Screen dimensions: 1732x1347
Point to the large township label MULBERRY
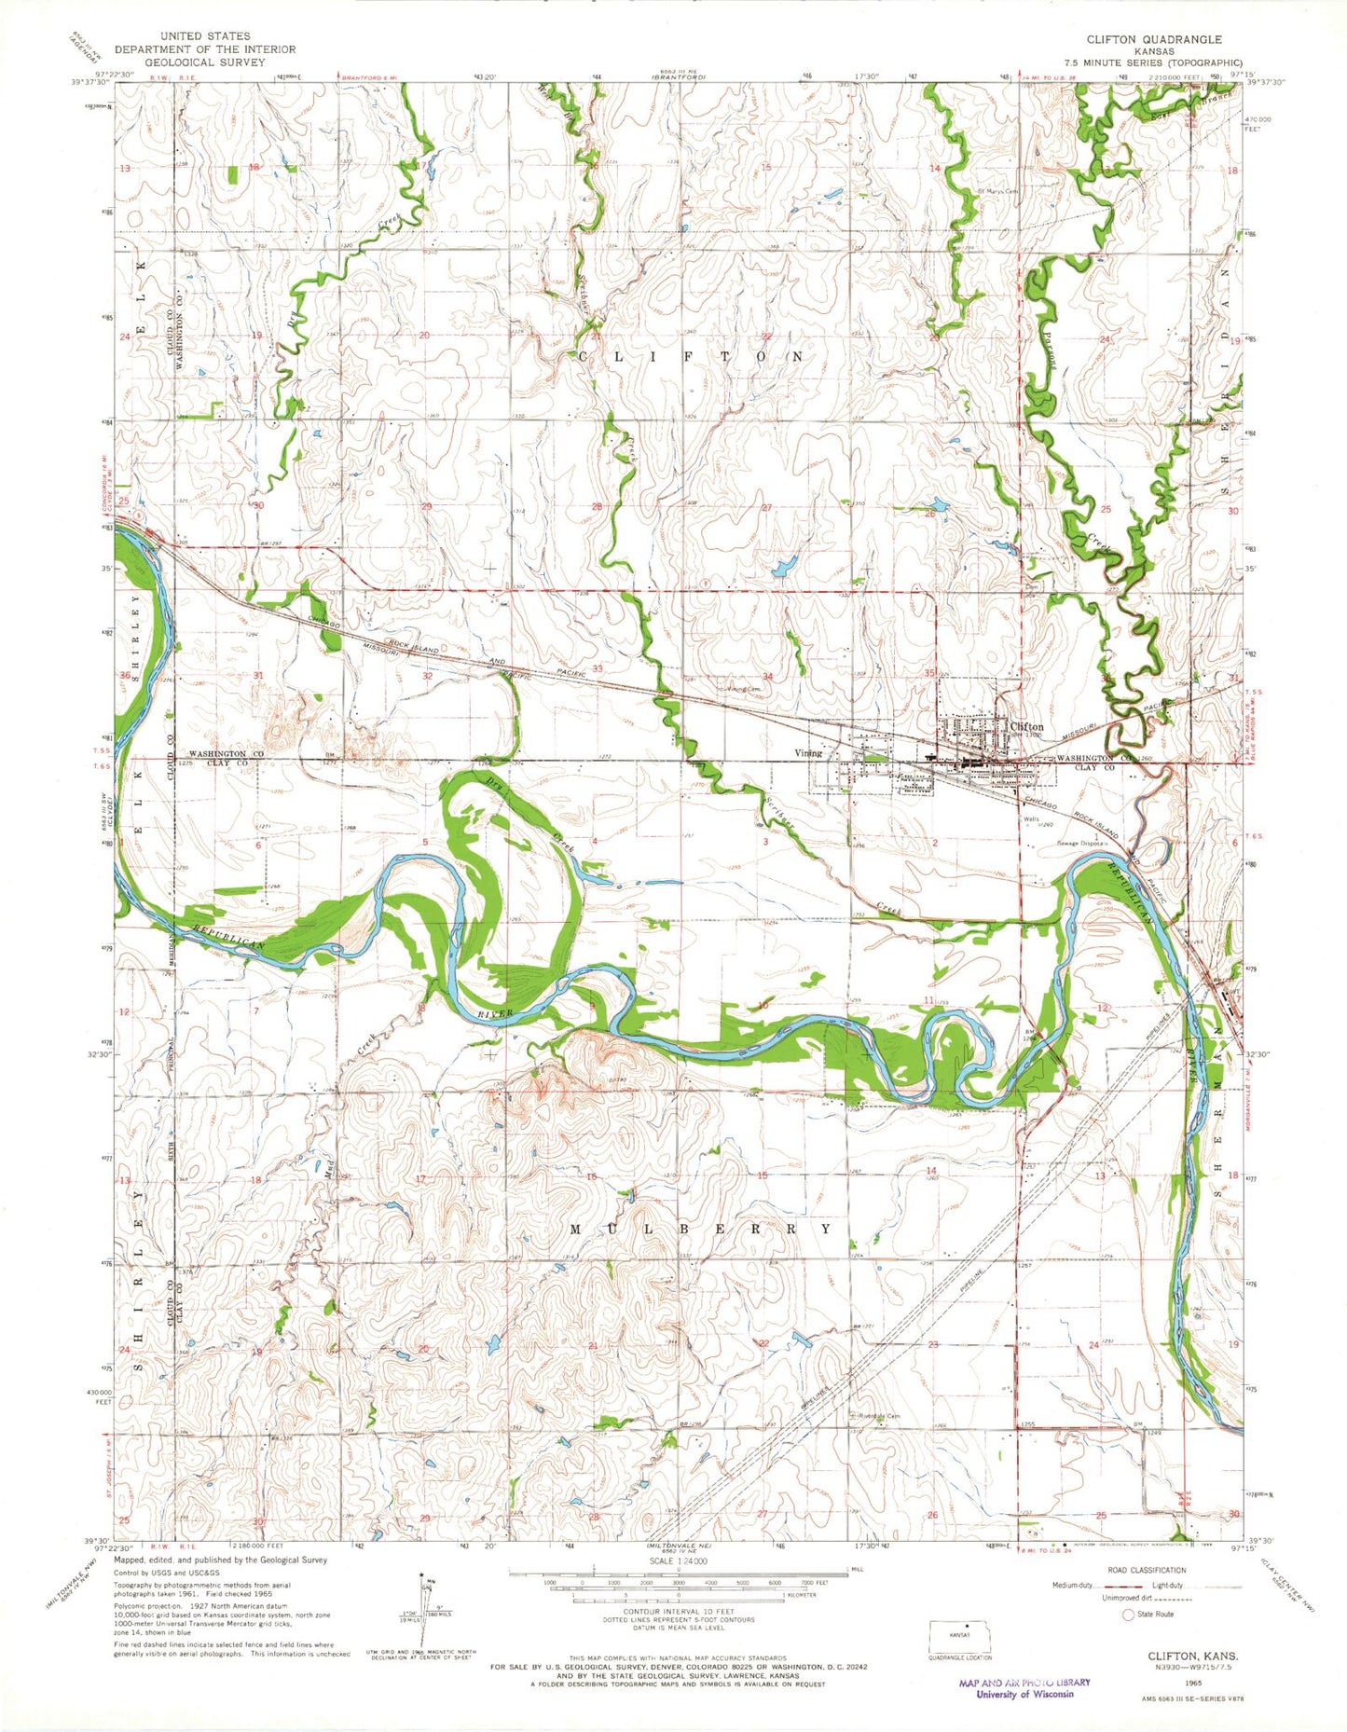(699, 1229)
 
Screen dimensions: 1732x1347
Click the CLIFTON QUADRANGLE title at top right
(1153, 39)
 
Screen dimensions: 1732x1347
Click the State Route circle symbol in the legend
(1130, 1614)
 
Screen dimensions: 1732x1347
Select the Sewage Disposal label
(1081, 843)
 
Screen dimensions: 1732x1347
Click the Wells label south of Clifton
(1031, 819)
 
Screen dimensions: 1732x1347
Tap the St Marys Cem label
(997, 192)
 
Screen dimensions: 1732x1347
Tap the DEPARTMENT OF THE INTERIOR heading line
(204, 49)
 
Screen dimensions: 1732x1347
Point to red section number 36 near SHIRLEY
(124, 675)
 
